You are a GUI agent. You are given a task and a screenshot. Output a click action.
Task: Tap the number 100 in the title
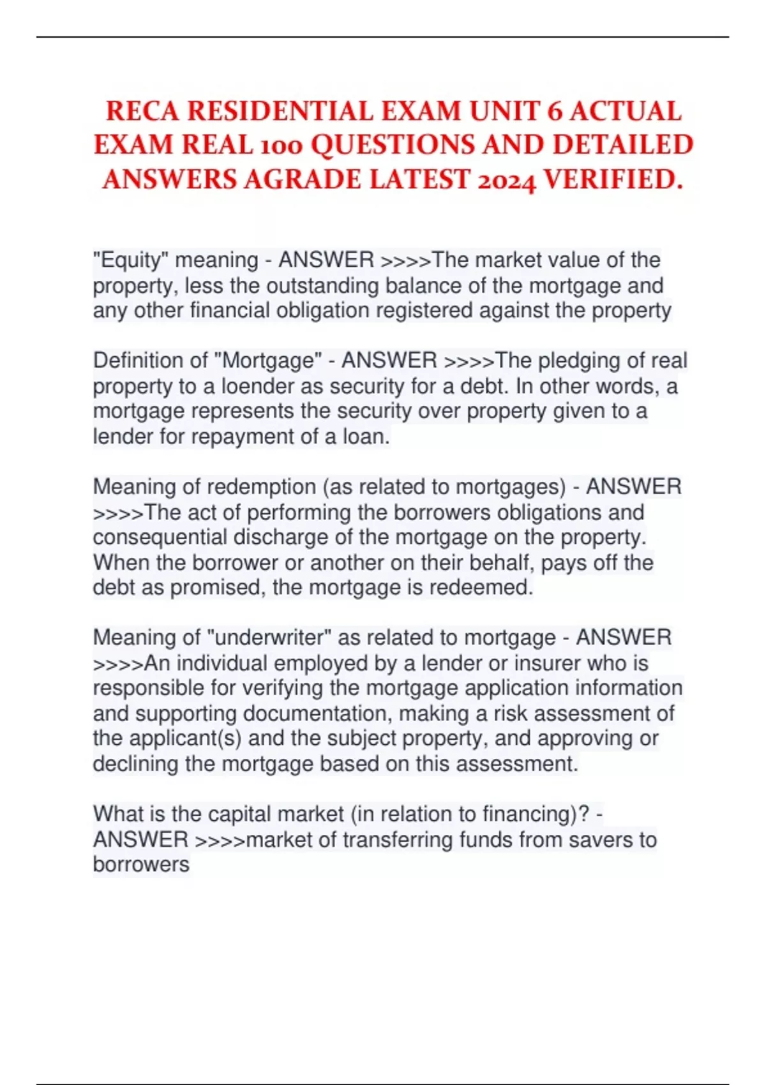[x=282, y=146]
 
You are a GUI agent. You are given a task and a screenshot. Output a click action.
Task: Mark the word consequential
[x=160, y=537]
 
